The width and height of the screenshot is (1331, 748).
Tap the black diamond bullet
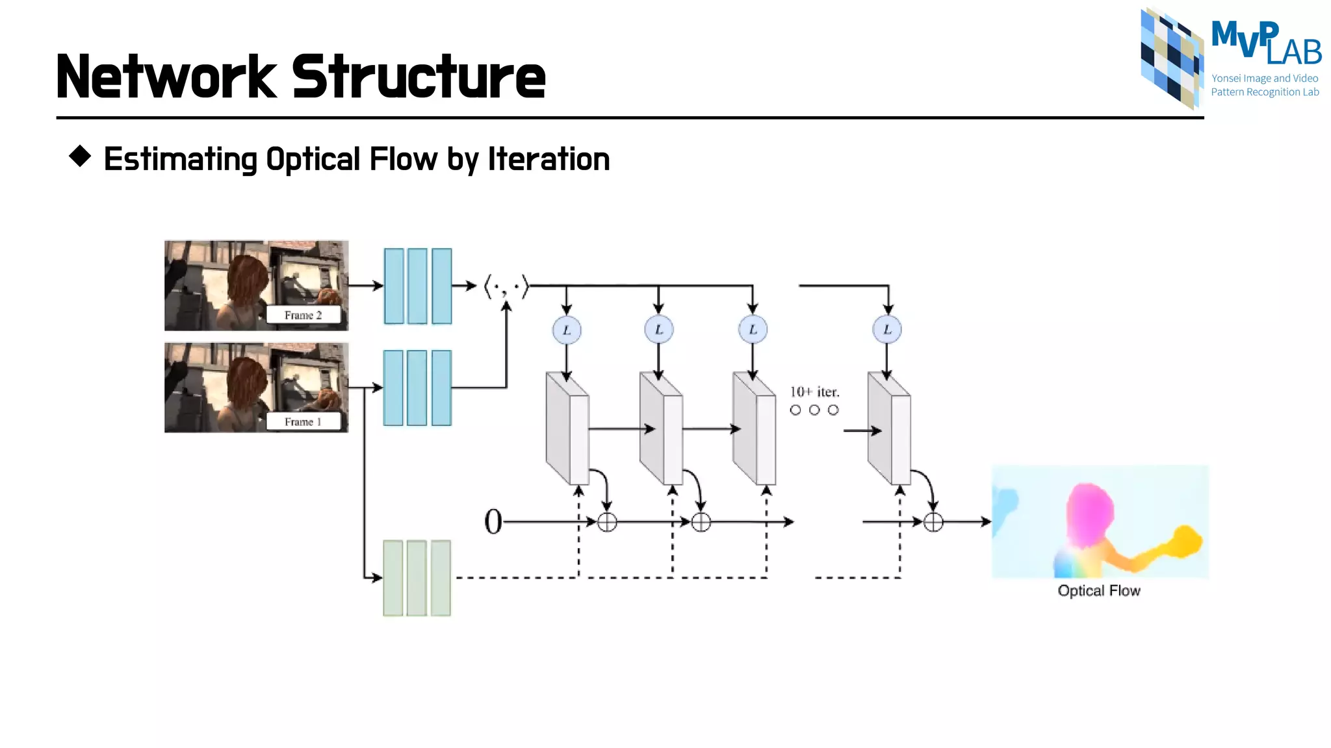80,156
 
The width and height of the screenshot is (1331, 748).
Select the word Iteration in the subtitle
549,159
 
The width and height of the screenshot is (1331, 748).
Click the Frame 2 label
303,315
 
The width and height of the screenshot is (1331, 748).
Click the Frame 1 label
303,422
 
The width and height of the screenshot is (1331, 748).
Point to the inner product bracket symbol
506,286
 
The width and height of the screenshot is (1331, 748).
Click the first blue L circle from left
567,330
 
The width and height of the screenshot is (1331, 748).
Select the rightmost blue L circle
887,330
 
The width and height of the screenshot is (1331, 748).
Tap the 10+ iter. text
814,392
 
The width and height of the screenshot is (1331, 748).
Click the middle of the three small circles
814,410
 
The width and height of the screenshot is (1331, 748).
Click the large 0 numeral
493,521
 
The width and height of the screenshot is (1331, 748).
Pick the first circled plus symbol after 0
607,522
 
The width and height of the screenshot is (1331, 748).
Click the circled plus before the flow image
933,522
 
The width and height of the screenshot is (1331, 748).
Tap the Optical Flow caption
1098,591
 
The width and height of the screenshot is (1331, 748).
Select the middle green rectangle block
417,578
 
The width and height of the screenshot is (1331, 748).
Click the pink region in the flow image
1089,513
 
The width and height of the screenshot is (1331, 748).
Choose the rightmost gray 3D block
889,429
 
